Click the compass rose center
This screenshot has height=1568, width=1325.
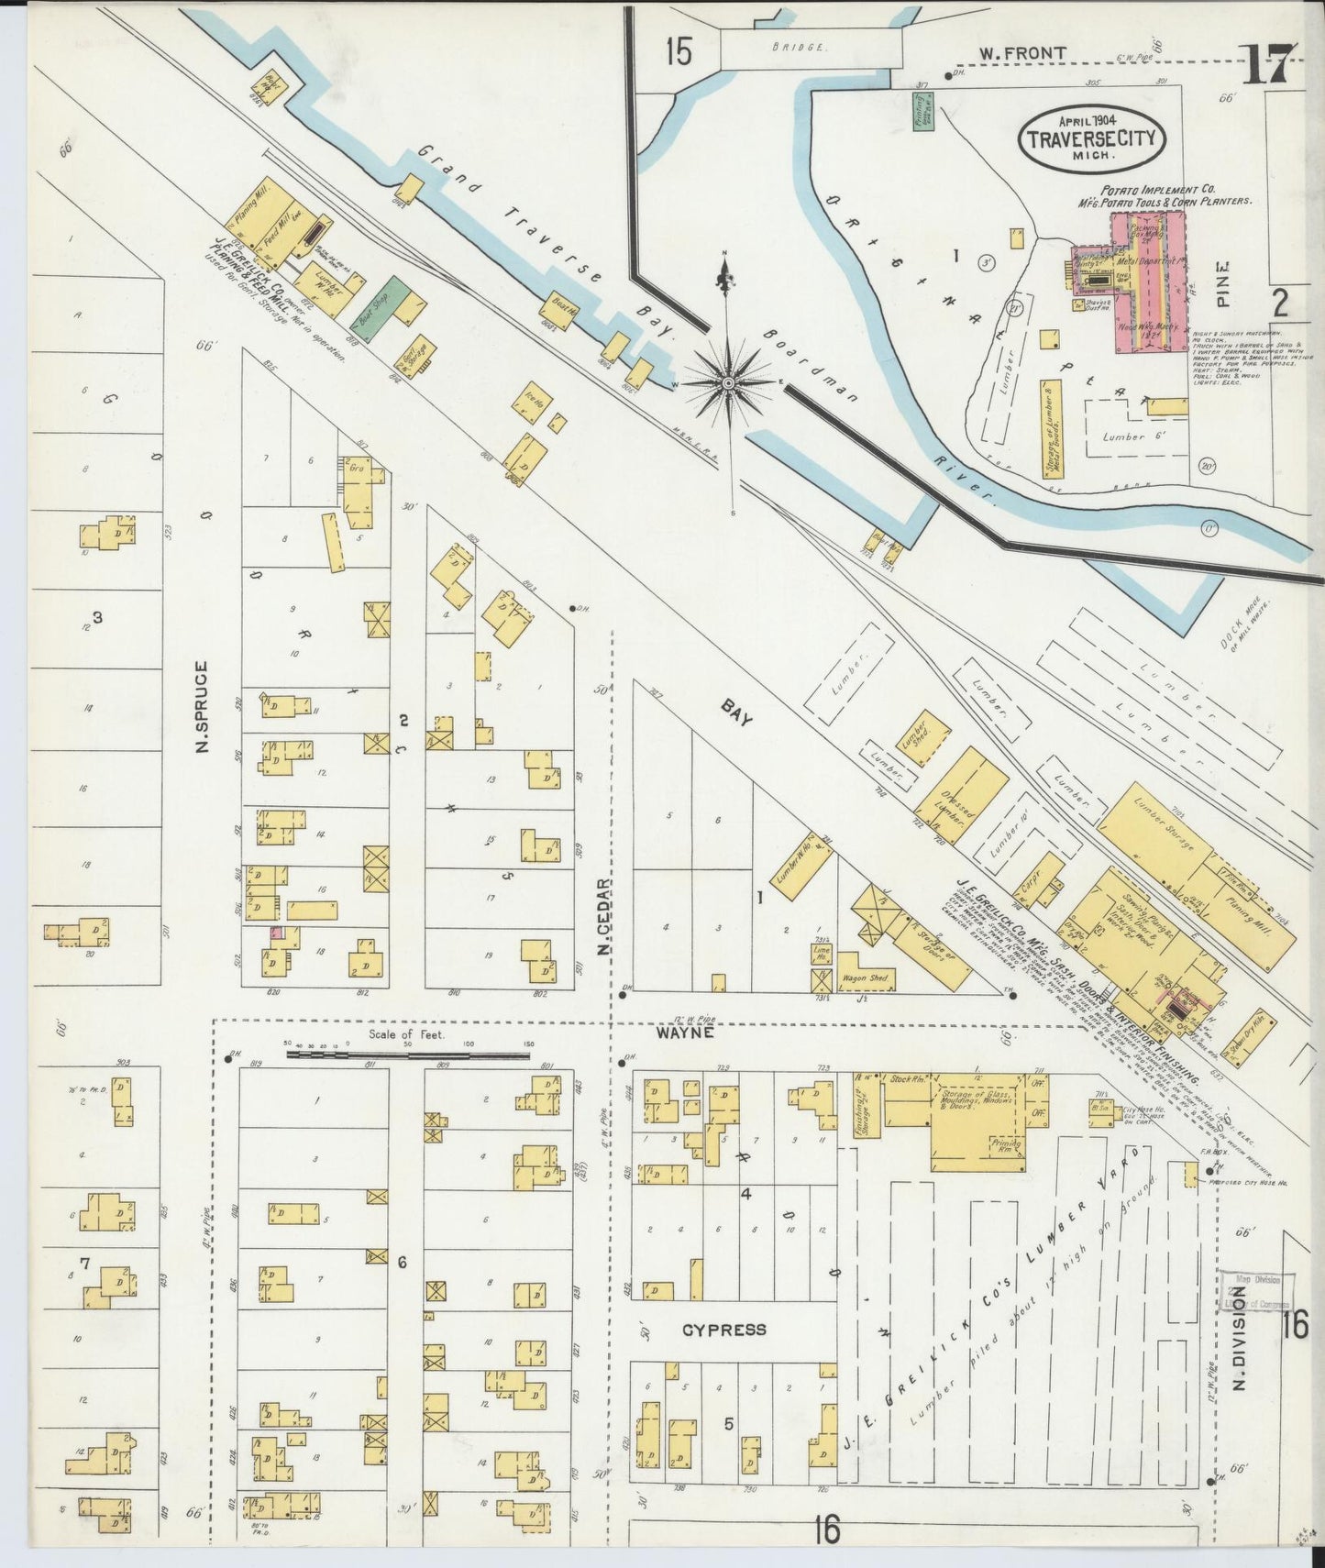[728, 381]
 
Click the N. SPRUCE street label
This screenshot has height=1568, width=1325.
[203, 709]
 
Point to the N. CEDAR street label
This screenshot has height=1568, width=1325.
[602, 911]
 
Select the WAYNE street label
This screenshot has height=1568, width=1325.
[683, 1032]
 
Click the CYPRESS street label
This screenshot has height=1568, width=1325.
[723, 1330]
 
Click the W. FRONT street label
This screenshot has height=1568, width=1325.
[1021, 54]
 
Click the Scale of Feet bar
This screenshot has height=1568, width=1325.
[408, 1055]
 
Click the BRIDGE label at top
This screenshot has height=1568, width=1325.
[798, 46]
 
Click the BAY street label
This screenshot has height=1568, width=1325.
[736, 712]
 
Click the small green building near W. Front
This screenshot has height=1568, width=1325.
[923, 111]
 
